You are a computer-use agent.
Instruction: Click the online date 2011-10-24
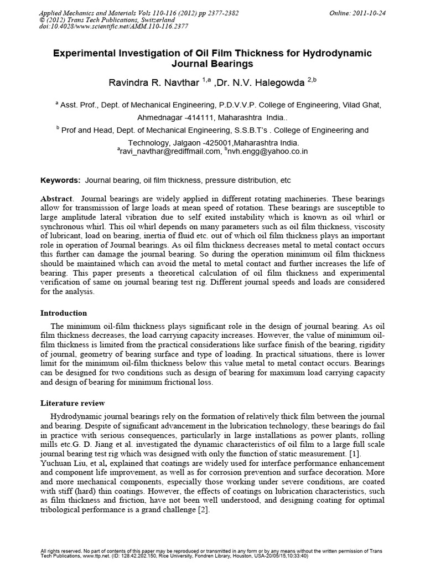click(x=369, y=13)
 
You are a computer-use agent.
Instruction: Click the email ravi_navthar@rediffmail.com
click(x=169, y=151)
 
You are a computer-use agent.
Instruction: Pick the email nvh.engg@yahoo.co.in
click(x=268, y=151)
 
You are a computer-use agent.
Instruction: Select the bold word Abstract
click(x=57, y=199)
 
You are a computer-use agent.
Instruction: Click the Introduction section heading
click(x=64, y=313)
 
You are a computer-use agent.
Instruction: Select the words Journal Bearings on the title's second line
click(x=212, y=64)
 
